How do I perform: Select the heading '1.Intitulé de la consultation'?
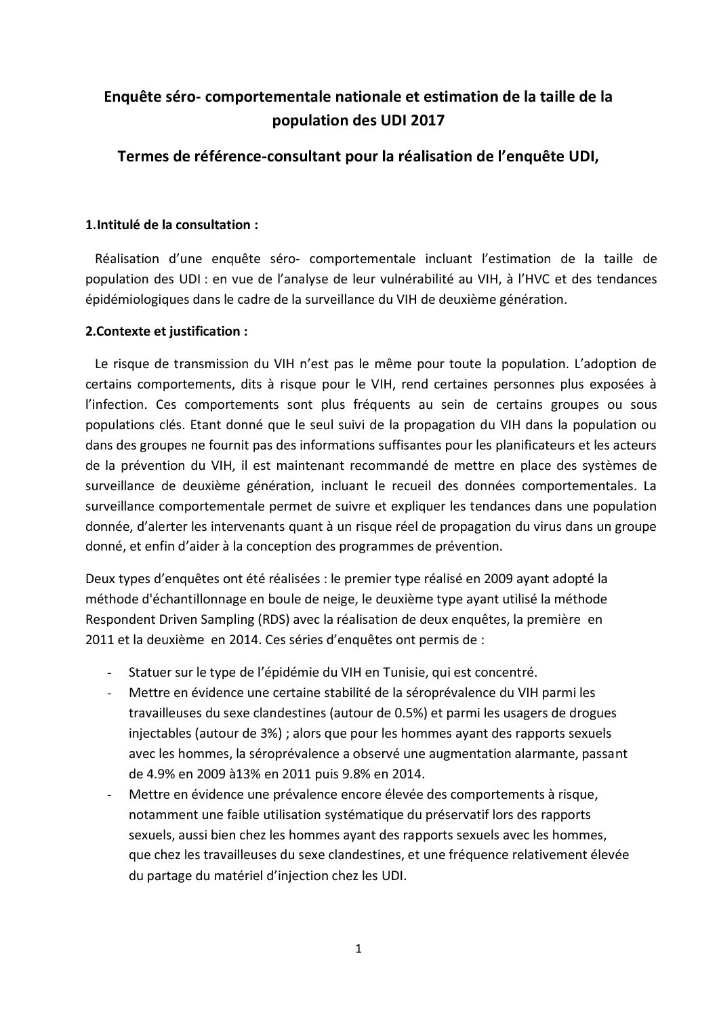coord(171,225)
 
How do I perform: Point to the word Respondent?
coord(116,619)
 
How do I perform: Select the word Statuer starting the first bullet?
coord(148,673)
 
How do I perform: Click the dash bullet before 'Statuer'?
coord(110,673)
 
